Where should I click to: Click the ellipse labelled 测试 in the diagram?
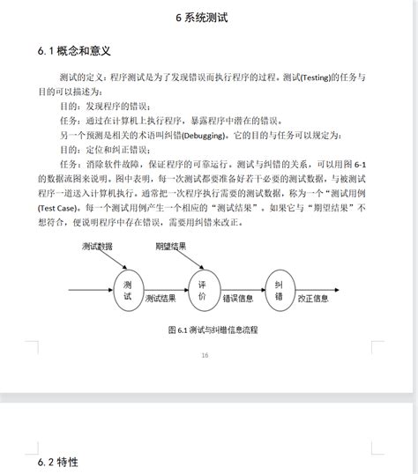(x=128, y=290)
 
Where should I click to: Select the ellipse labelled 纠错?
(x=279, y=290)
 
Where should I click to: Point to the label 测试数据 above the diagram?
(x=98, y=246)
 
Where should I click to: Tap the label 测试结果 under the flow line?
(x=160, y=298)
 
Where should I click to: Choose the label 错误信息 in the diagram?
(x=238, y=298)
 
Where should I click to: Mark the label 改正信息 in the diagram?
(x=312, y=298)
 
